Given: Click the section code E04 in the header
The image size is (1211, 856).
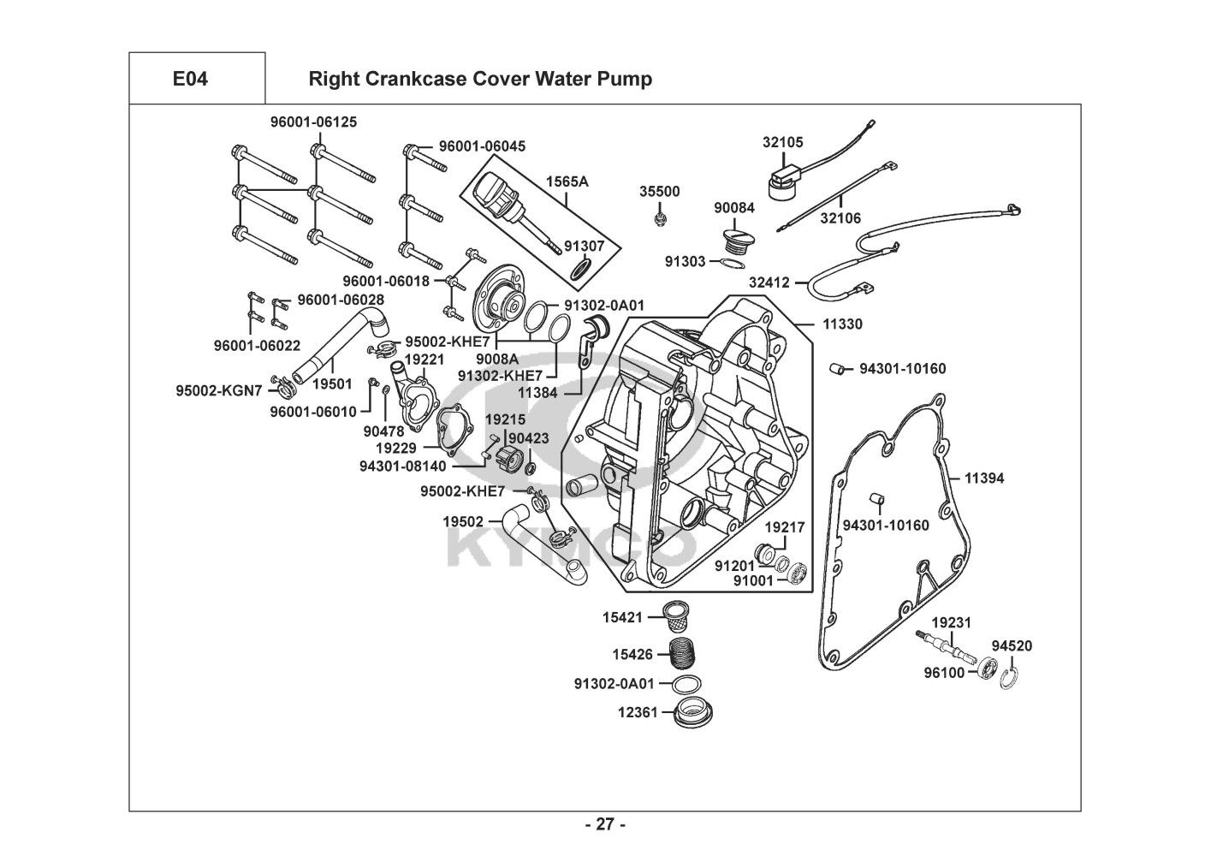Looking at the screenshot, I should tap(190, 79).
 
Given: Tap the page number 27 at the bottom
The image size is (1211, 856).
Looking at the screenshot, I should tap(605, 825).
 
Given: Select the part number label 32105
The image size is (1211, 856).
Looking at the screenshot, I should tap(782, 143).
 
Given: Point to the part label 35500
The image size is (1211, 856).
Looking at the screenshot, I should tap(660, 192).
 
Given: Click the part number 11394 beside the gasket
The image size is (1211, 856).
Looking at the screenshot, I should tap(984, 479).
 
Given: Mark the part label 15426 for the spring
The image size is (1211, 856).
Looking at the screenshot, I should tap(632, 655).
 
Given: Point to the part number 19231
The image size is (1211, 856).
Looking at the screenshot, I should tap(951, 622).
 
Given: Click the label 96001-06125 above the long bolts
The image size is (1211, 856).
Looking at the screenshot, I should tap(302, 122).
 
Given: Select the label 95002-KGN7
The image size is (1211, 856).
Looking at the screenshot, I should tap(217, 390).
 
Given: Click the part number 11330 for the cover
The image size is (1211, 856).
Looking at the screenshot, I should tap(842, 324).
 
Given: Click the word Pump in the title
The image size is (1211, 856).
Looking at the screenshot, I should tap(626, 79).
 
